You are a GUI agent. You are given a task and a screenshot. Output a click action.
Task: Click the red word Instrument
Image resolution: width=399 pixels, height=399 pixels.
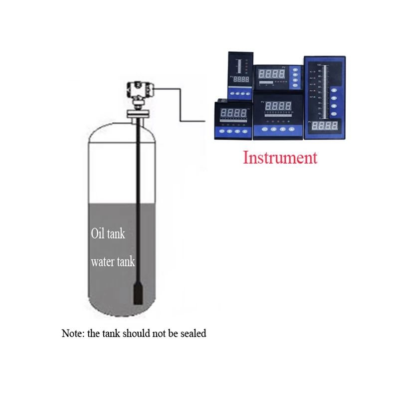[x=280, y=158]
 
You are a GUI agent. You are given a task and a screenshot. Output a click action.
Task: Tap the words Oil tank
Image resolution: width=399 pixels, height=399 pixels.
[x=108, y=233]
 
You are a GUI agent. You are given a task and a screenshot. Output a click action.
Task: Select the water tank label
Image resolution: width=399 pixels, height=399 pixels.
[x=113, y=262]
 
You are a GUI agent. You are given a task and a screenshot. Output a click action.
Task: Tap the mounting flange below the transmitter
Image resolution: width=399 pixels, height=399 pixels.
[x=137, y=115]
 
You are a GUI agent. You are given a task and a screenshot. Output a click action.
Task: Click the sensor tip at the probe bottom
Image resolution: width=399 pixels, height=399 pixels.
[x=139, y=294]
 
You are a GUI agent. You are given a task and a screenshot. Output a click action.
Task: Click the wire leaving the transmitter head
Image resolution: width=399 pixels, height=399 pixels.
[x=170, y=90]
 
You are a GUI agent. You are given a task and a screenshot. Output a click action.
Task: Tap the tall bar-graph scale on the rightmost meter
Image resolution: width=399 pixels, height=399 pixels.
[x=326, y=90]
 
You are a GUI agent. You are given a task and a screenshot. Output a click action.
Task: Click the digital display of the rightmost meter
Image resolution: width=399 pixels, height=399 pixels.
[x=325, y=126]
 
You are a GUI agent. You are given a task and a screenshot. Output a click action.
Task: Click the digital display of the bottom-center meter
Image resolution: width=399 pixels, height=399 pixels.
[x=278, y=106]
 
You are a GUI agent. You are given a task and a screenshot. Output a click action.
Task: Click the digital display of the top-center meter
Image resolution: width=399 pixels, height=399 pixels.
[x=271, y=74]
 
